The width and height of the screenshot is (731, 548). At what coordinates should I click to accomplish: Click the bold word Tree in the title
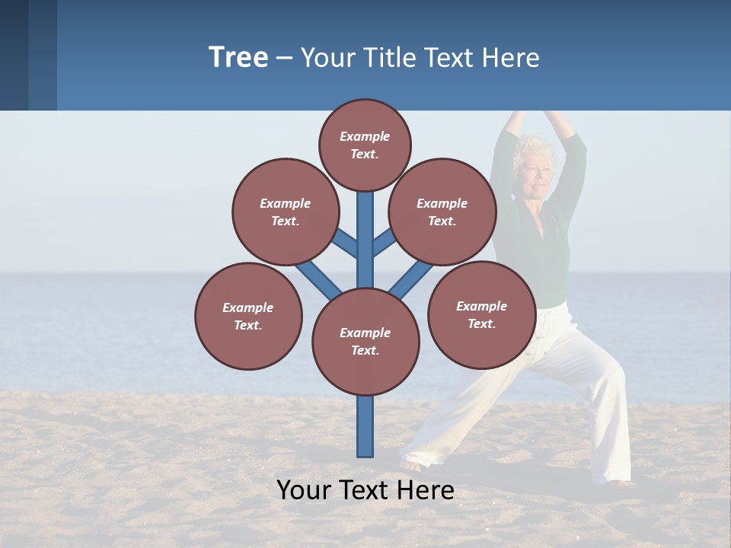(238, 57)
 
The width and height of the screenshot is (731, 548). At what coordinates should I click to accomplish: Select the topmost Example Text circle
(365, 145)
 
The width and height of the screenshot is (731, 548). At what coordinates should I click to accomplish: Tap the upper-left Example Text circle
(286, 212)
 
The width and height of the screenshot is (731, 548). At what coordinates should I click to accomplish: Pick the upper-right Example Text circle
(442, 212)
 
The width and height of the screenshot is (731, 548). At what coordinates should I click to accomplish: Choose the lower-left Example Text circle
(248, 316)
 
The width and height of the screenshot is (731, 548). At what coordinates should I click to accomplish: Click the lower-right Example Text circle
(481, 314)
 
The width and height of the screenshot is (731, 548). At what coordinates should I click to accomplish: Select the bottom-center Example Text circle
(365, 341)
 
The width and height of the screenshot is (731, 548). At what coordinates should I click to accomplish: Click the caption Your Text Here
(365, 490)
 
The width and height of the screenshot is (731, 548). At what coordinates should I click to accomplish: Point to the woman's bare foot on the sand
(411, 465)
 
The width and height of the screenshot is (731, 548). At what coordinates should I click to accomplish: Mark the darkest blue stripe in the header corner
(14, 55)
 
